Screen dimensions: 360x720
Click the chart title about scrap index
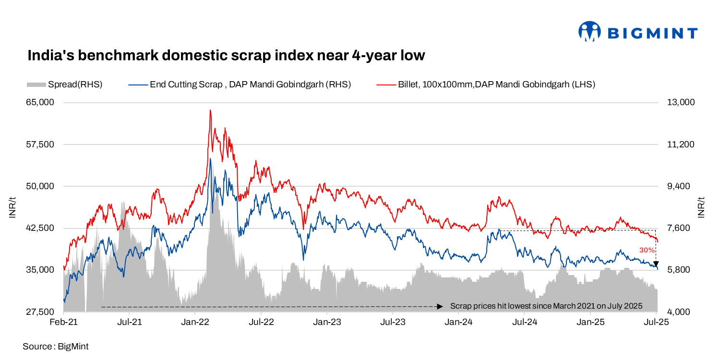click(226, 55)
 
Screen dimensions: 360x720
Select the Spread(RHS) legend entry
click(65, 84)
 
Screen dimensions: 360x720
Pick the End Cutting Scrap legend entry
click(240, 84)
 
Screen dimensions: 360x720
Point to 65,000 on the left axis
click(41, 103)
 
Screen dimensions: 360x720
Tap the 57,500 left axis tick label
click(41, 144)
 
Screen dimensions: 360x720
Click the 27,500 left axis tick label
click(41, 312)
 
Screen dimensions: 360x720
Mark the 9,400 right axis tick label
click(678, 186)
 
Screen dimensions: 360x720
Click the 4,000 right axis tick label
click(678, 312)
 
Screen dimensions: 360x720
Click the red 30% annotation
click(647, 250)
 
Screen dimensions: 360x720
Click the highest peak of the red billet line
click(210, 110)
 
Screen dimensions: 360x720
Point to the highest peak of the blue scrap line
click(210, 159)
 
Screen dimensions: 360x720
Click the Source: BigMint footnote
click(55, 346)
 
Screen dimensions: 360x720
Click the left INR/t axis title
click(13, 207)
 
